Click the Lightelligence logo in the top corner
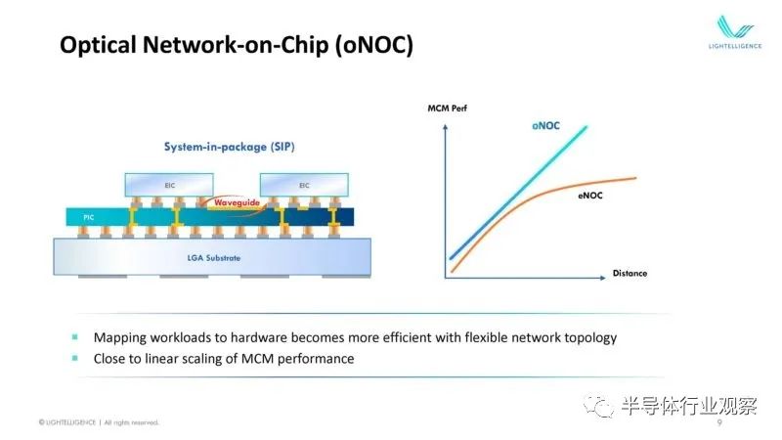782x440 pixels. (735, 32)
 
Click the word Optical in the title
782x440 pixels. (98, 45)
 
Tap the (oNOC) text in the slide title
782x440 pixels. (374, 45)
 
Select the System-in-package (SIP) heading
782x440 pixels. (230, 147)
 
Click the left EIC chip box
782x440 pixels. (169, 185)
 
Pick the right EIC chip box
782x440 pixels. (304, 185)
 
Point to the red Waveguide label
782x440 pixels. (237, 202)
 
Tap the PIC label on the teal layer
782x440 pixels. (89, 217)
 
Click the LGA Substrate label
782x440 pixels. (214, 258)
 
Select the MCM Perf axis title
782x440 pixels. (448, 109)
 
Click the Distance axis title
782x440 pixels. (630, 274)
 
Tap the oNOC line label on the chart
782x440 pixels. (546, 126)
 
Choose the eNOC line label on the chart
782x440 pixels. (590, 196)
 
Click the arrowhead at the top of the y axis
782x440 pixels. (446, 127)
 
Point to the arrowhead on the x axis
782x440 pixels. (603, 278)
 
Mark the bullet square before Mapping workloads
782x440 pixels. (75, 337)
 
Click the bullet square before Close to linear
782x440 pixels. (75, 358)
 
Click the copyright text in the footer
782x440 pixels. (99, 422)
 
